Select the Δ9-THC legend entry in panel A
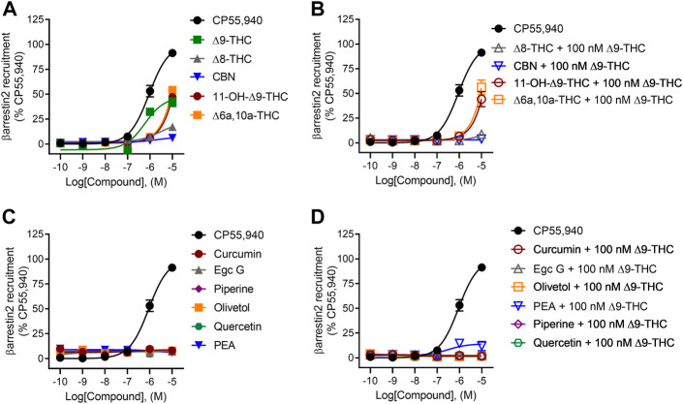[258, 45]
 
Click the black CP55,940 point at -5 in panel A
[172, 52]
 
